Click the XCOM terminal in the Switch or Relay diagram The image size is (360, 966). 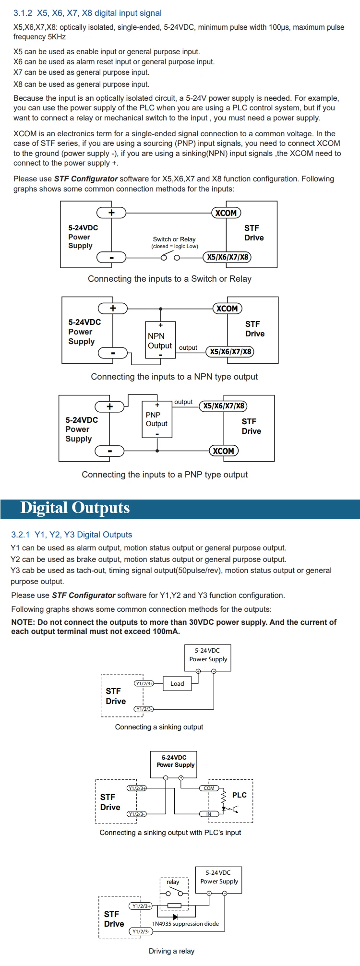(226, 213)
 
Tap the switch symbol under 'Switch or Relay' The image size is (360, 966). (170, 257)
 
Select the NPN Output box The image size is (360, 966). (160, 340)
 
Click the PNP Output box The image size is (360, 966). (157, 419)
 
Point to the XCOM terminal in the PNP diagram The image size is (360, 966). (224, 451)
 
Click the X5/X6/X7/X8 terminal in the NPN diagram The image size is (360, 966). (230, 351)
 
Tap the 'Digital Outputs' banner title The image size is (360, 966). (75, 508)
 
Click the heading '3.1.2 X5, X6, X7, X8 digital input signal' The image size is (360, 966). (87, 13)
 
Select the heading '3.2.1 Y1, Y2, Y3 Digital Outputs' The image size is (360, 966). (72, 534)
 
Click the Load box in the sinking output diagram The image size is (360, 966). (177, 683)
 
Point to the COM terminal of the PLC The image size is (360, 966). (209, 788)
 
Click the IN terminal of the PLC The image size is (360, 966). (208, 814)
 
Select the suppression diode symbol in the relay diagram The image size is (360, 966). (175, 916)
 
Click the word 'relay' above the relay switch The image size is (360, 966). (173, 882)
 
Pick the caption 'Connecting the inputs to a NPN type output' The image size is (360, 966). (174, 377)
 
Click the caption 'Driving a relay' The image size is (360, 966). (171, 951)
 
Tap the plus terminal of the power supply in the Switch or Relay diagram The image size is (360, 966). (111, 213)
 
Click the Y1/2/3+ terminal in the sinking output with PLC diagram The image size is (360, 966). (137, 788)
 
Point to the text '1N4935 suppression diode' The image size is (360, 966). (185, 923)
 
